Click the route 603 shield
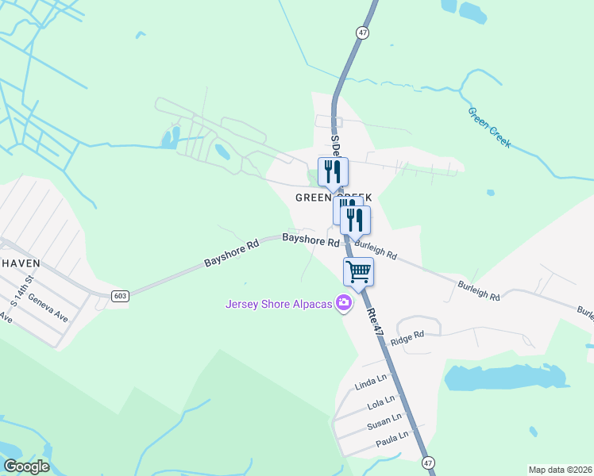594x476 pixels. click(x=120, y=296)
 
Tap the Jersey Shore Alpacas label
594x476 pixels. click(x=278, y=303)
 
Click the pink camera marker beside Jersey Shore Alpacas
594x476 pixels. click(x=344, y=302)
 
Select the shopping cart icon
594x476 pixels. click(x=358, y=271)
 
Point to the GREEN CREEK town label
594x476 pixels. click(x=333, y=197)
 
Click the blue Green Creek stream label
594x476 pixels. click(x=489, y=127)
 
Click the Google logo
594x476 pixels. click(x=25, y=466)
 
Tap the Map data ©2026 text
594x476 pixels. click(x=559, y=470)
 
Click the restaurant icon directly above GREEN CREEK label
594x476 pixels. click(x=333, y=171)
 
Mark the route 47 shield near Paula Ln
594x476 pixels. click(x=429, y=463)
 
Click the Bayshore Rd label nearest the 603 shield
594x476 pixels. click(x=231, y=251)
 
